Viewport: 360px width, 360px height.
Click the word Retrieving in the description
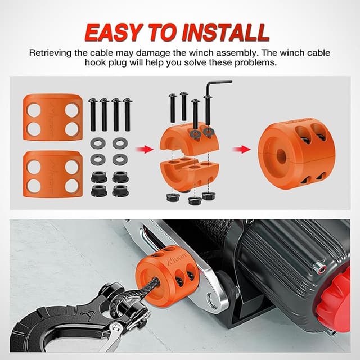(51, 53)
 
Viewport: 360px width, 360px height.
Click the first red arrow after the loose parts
(146, 149)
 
